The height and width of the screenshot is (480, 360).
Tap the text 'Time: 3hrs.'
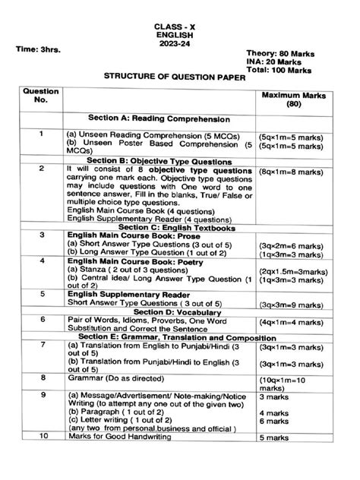click(39, 49)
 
